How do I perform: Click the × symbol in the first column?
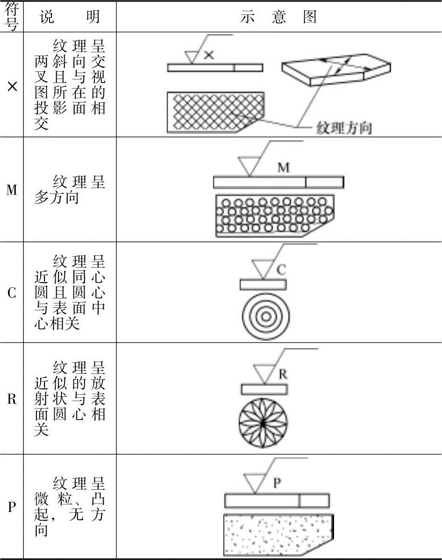tap(12, 86)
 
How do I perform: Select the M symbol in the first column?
tap(12, 190)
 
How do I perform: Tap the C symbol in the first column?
tap(12, 293)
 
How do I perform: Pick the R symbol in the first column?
tap(12, 399)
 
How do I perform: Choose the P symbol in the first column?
tap(12, 507)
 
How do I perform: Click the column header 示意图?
tap(279, 17)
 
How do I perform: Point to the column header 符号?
tap(12, 17)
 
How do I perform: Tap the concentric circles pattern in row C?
tap(266, 316)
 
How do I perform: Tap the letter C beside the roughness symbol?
tap(281, 270)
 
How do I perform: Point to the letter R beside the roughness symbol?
tap(283, 374)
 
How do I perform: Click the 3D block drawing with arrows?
tap(336, 70)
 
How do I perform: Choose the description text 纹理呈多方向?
tap(70, 189)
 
